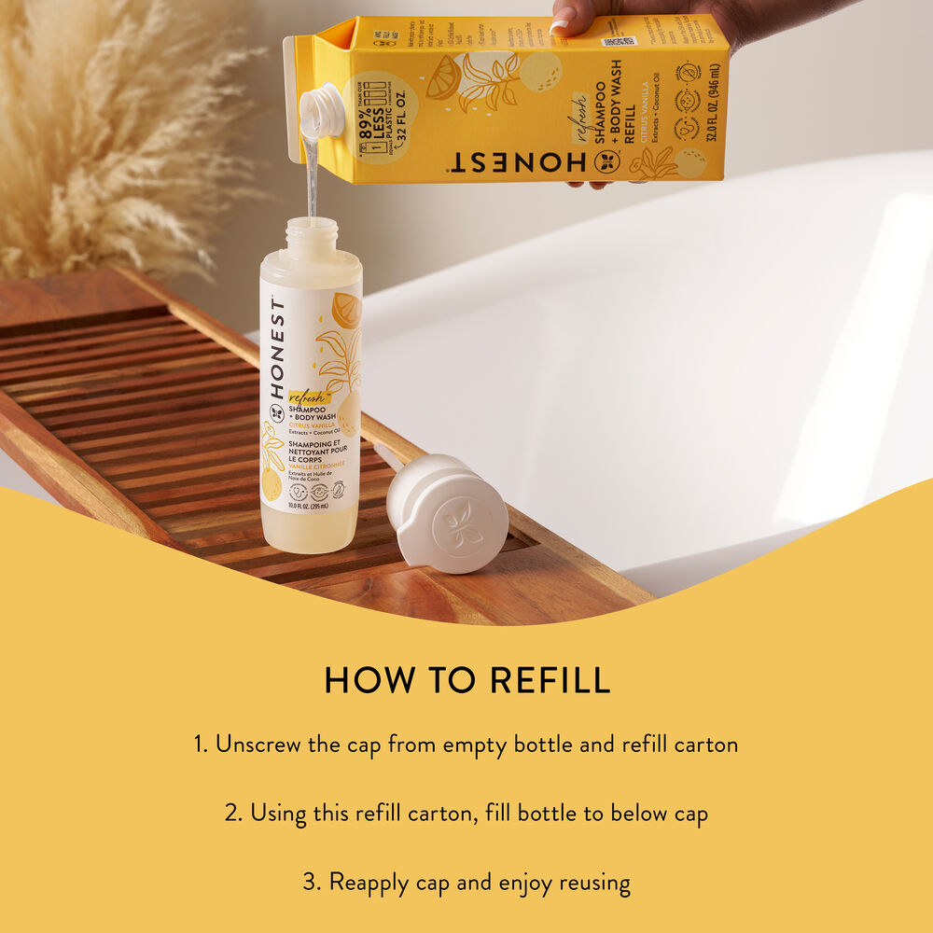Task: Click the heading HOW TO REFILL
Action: pyautogui.click(x=466, y=681)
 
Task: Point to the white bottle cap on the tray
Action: pyautogui.click(x=449, y=512)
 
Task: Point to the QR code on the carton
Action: pyautogui.click(x=623, y=42)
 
